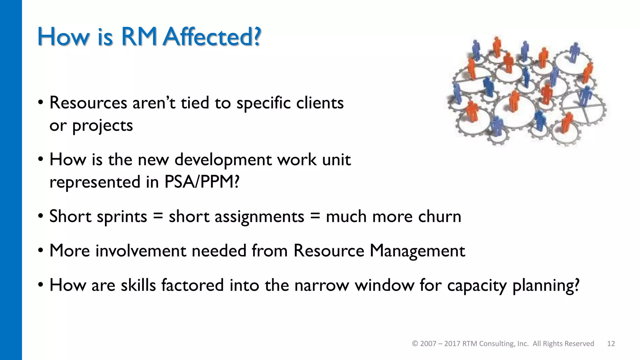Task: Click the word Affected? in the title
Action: [212, 37]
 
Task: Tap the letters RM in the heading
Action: [139, 37]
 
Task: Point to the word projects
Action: [102, 126]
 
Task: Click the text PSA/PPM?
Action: [202, 182]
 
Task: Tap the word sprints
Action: [122, 216]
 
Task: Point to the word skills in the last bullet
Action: [138, 285]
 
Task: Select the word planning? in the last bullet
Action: [546, 286]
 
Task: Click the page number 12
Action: [611, 344]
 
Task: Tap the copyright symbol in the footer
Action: [415, 344]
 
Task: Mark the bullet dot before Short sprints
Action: [41, 217]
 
